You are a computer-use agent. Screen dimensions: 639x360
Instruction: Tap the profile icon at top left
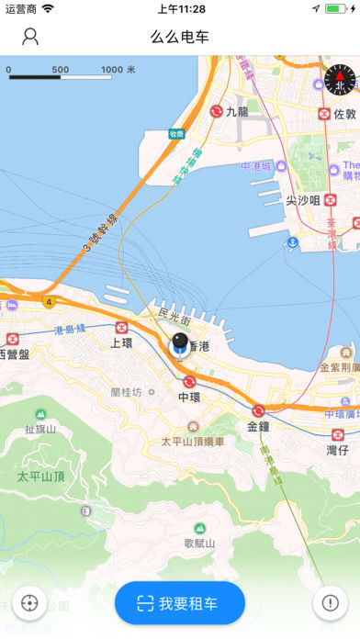pos(30,37)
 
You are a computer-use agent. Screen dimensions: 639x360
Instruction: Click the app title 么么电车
pos(180,37)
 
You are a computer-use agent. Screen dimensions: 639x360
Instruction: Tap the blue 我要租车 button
pos(180,603)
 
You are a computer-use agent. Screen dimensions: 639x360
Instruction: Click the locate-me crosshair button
pos(30,603)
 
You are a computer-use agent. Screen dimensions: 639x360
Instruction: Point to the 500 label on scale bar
pos(61,70)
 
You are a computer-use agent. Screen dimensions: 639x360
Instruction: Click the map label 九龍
pos(238,112)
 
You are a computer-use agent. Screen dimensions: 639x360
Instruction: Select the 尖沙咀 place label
pos(302,200)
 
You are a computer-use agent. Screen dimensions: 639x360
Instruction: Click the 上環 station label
pos(122,342)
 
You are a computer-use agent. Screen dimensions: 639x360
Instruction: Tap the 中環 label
pos(189,397)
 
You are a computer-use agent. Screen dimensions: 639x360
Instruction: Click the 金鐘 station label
pos(258,427)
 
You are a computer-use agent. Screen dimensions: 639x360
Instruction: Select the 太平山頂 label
pos(40,476)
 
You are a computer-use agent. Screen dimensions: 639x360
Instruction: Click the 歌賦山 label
pos(199,544)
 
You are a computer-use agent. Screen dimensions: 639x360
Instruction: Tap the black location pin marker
pos(180,344)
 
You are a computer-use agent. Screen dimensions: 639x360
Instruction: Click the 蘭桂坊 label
pos(126,392)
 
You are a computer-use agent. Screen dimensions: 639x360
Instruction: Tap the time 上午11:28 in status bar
pos(181,8)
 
